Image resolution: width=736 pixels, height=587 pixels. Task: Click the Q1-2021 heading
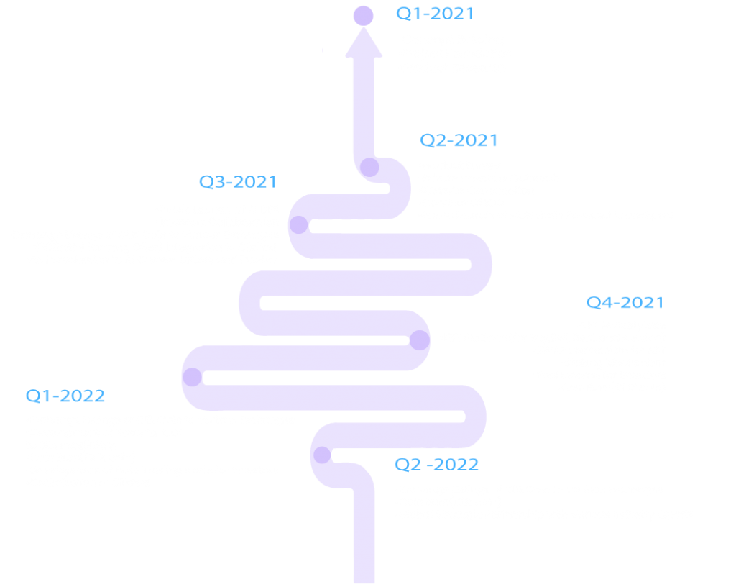pyautogui.click(x=435, y=14)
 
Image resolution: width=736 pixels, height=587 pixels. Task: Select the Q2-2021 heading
pyautogui.click(x=459, y=140)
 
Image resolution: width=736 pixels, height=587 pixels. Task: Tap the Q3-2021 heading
pyautogui.click(x=238, y=183)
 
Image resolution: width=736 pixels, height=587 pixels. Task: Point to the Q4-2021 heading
pyautogui.click(x=625, y=303)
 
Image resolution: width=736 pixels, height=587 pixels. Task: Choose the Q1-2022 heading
pyautogui.click(x=65, y=396)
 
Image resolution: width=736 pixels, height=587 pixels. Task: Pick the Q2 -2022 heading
pyautogui.click(x=436, y=465)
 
